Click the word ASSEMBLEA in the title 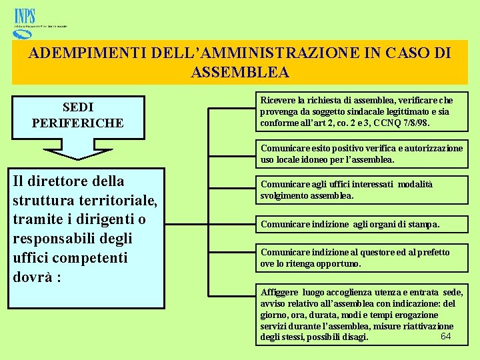[x=240, y=72]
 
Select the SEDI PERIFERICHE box [x=78, y=115]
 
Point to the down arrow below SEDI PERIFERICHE [x=77, y=150]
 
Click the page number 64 [x=446, y=335]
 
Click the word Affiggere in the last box [x=280, y=292]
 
